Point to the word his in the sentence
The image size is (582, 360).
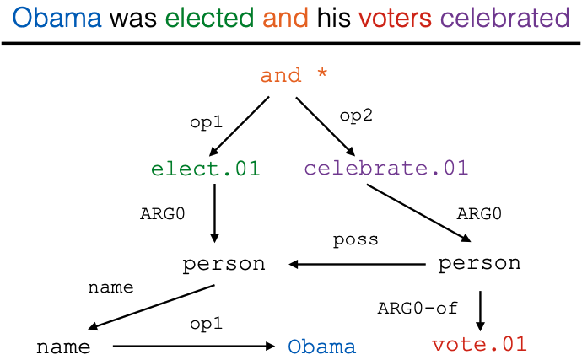pyautogui.click(x=333, y=18)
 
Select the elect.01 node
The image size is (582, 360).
pyautogui.click(x=206, y=169)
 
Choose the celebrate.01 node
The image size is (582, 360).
pyautogui.click(x=385, y=169)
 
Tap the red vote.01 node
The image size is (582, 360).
pyautogui.click(x=479, y=344)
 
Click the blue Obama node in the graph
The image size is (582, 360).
pyautogui.click(x=321, y=347)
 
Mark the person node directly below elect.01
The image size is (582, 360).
pyautogui.click(x=224, y=264)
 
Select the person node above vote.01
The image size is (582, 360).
pyautogui.click(x=479, y=264)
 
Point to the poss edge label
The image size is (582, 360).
pyautogui.click(x=355, y=239)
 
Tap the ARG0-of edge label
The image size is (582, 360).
pyautogui.click(x=418, y=308)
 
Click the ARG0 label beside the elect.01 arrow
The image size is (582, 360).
pyautogui.click(x=162, y=213)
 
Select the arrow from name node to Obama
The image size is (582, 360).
pyautogui.click(x=194, y=346)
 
